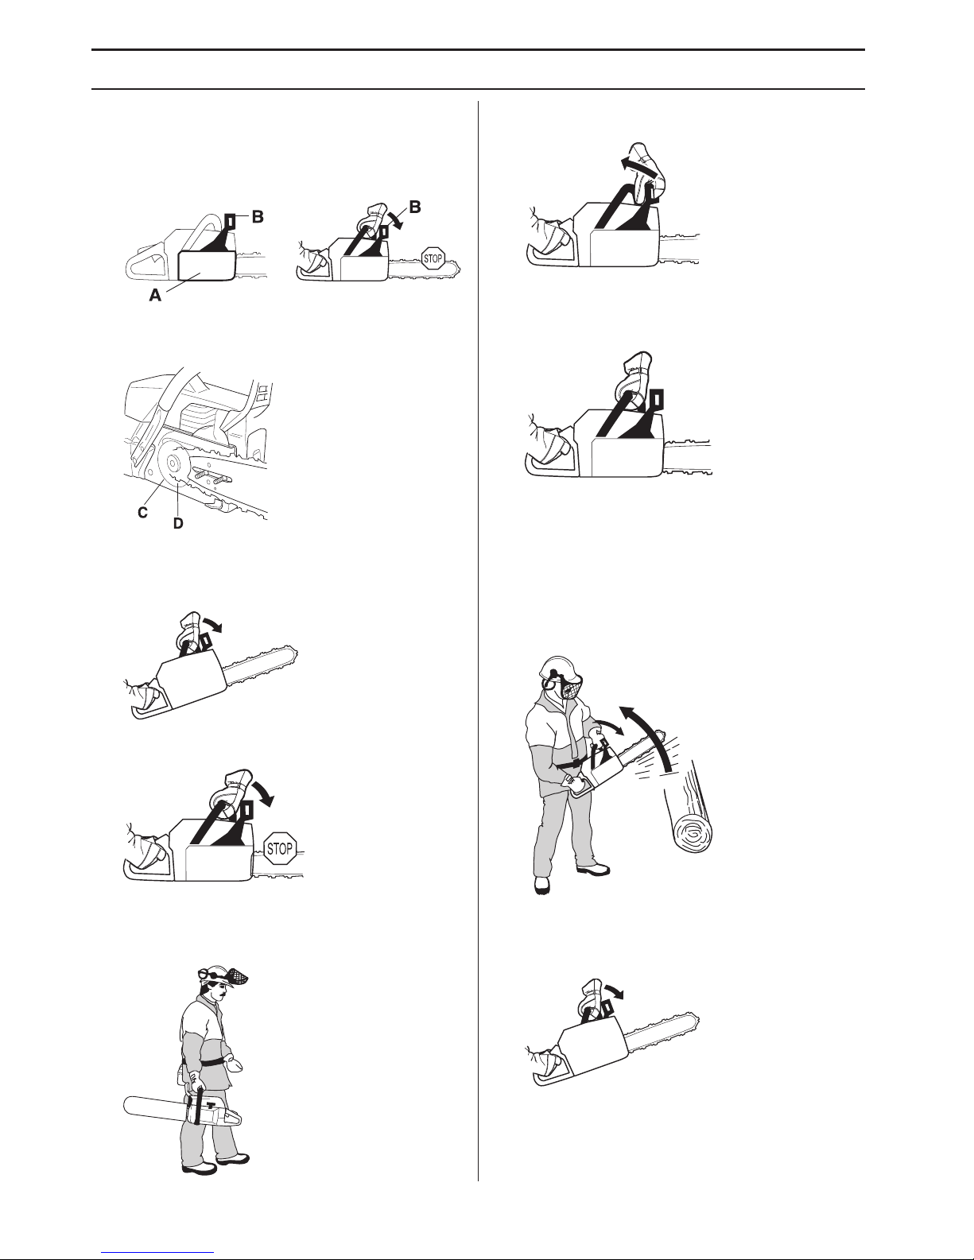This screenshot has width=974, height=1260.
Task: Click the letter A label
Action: (x=155, y=296)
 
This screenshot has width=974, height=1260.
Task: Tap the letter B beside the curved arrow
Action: (x=415, y=207)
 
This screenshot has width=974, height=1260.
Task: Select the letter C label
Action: (x=142, y=513)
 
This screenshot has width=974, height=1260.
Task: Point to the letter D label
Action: (x=179, y=523)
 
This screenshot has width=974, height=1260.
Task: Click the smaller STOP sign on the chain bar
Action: (x=433, y=258)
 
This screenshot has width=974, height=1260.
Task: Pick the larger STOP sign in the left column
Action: (x=279, y=849)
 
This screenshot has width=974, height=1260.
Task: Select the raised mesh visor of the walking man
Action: (x=235, y=979)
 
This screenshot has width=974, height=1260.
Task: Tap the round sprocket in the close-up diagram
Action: (x=173, y=464)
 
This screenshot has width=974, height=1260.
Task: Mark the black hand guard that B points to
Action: (x=230, y=221)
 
